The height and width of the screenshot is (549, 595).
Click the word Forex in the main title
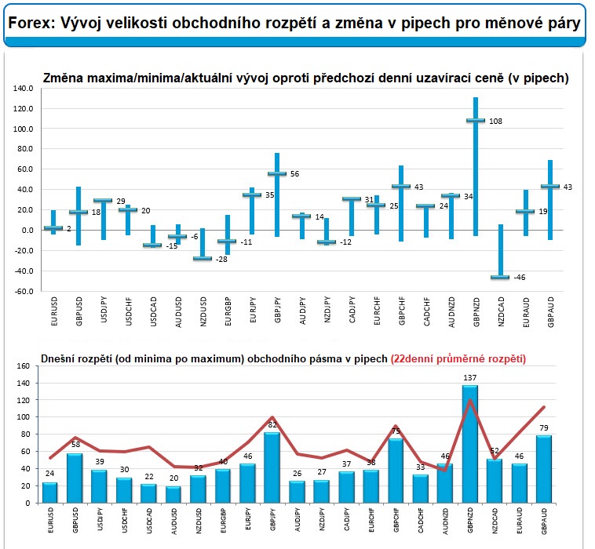[x=31, y=23]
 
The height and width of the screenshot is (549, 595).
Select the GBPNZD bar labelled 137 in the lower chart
[x=469, y=444]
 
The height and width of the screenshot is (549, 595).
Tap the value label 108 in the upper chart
[x=495, y=122]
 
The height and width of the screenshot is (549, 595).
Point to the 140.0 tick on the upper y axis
[x=23, y=89]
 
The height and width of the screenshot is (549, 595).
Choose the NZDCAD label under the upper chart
[x=502, y=311]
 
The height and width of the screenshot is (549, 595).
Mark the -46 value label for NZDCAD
[x=520, y=278]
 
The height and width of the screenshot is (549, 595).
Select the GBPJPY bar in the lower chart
[x=272, y=467]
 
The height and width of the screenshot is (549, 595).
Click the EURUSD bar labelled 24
[x=49, y=493]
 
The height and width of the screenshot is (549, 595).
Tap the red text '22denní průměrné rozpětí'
[x=458, y=358]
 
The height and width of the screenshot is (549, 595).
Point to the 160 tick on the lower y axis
[x=23, y=366]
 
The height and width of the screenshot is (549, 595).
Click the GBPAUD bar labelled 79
[x=544, y=469]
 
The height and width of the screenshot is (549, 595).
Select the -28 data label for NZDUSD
[x=221, y=260]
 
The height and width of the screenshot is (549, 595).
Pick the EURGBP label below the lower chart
[x=223, y=521]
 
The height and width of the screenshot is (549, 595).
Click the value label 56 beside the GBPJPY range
[x=295, y=174]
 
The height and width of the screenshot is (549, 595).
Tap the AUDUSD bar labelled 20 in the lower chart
[x=173, y=494]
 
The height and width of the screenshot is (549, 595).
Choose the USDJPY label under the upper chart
[x=103, y=310]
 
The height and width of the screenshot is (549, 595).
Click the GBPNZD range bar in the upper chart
[x=476, y=167]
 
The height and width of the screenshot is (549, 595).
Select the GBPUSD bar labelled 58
[x=75, y=478]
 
